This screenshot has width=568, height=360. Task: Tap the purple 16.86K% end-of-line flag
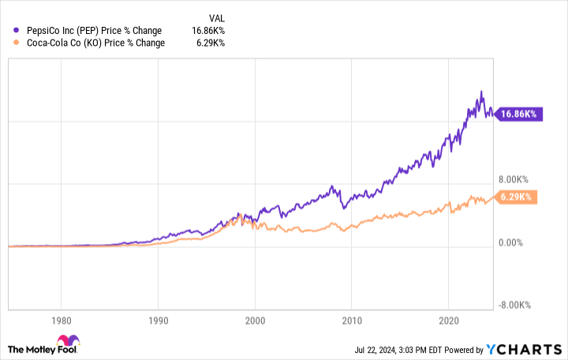pos(517,114)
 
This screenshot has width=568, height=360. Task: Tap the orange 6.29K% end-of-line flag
pos(517,197)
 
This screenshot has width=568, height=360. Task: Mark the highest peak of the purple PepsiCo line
pos(481,92)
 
